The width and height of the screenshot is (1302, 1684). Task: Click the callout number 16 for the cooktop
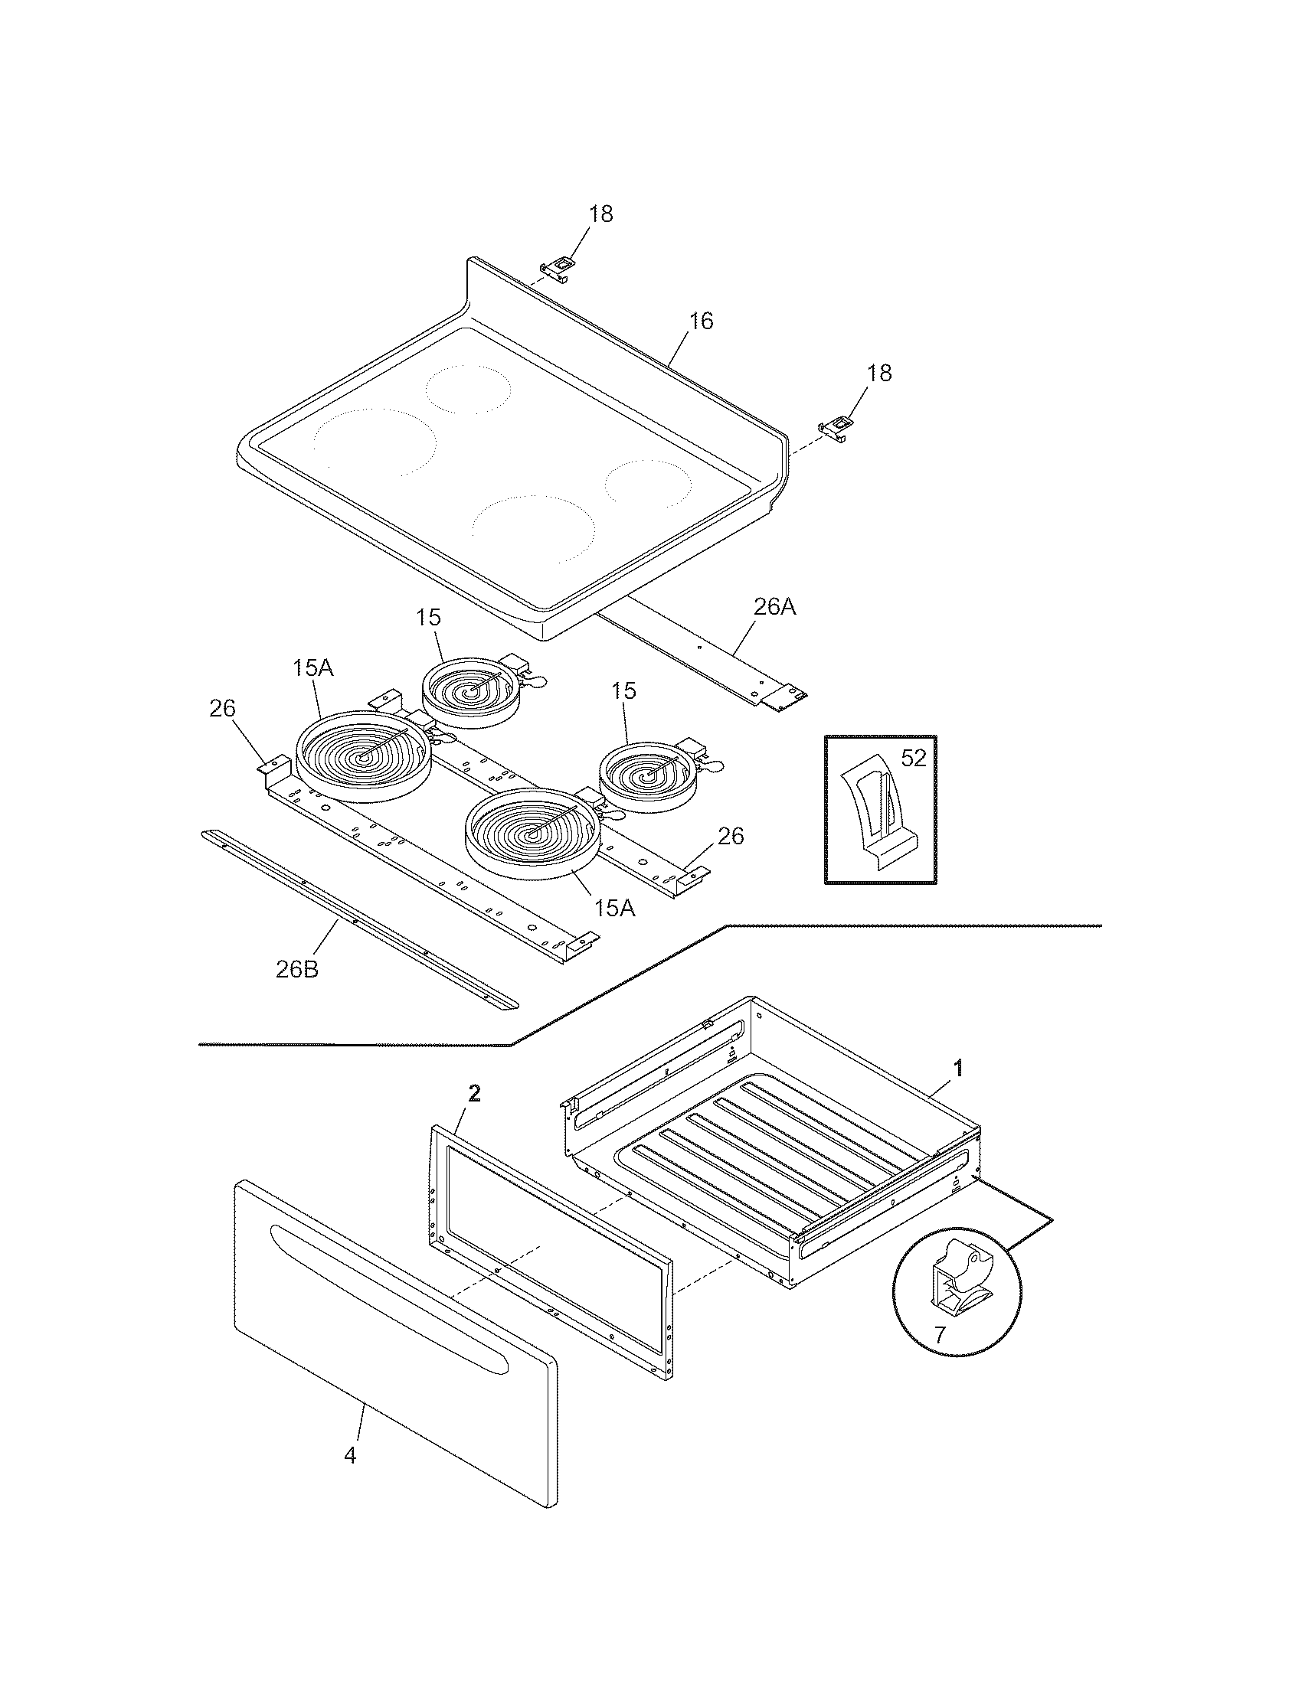pyautogui.click(x=700, y=321)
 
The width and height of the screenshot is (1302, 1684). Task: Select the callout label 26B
pyautogui.click(x=297, y=969)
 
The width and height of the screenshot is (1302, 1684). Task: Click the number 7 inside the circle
pyautogui.click(x=939, y=1336)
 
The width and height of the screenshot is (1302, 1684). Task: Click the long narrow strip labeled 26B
pyautogui.click(x=358, y=919)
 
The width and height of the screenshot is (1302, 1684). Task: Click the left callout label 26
pyautogui.click(x=222, y=709)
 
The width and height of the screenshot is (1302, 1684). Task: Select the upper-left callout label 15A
pyautogui.click(x=312, y=668)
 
